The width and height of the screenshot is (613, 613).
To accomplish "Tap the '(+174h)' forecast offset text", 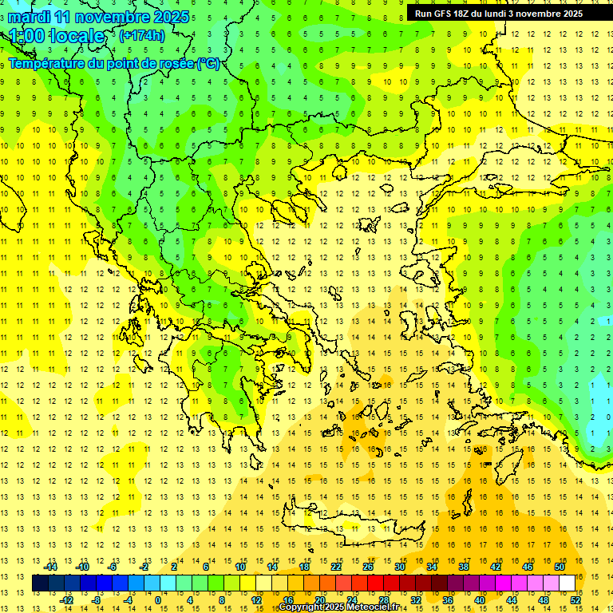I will coord(142,35).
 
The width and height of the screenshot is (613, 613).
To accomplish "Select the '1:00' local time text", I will coord(27,36).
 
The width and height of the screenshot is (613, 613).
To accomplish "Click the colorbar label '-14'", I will coord(52,566).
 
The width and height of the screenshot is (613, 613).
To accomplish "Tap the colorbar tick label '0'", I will coord(158,600).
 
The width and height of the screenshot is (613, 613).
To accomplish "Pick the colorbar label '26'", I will coord(368,566).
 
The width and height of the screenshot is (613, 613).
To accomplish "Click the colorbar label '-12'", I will coord(67,600).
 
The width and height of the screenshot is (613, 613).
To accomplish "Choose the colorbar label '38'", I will coord(464,566).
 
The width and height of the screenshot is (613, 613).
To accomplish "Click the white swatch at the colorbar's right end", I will coord(567,583).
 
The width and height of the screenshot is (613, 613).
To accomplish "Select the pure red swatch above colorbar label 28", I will coord(375,583).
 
